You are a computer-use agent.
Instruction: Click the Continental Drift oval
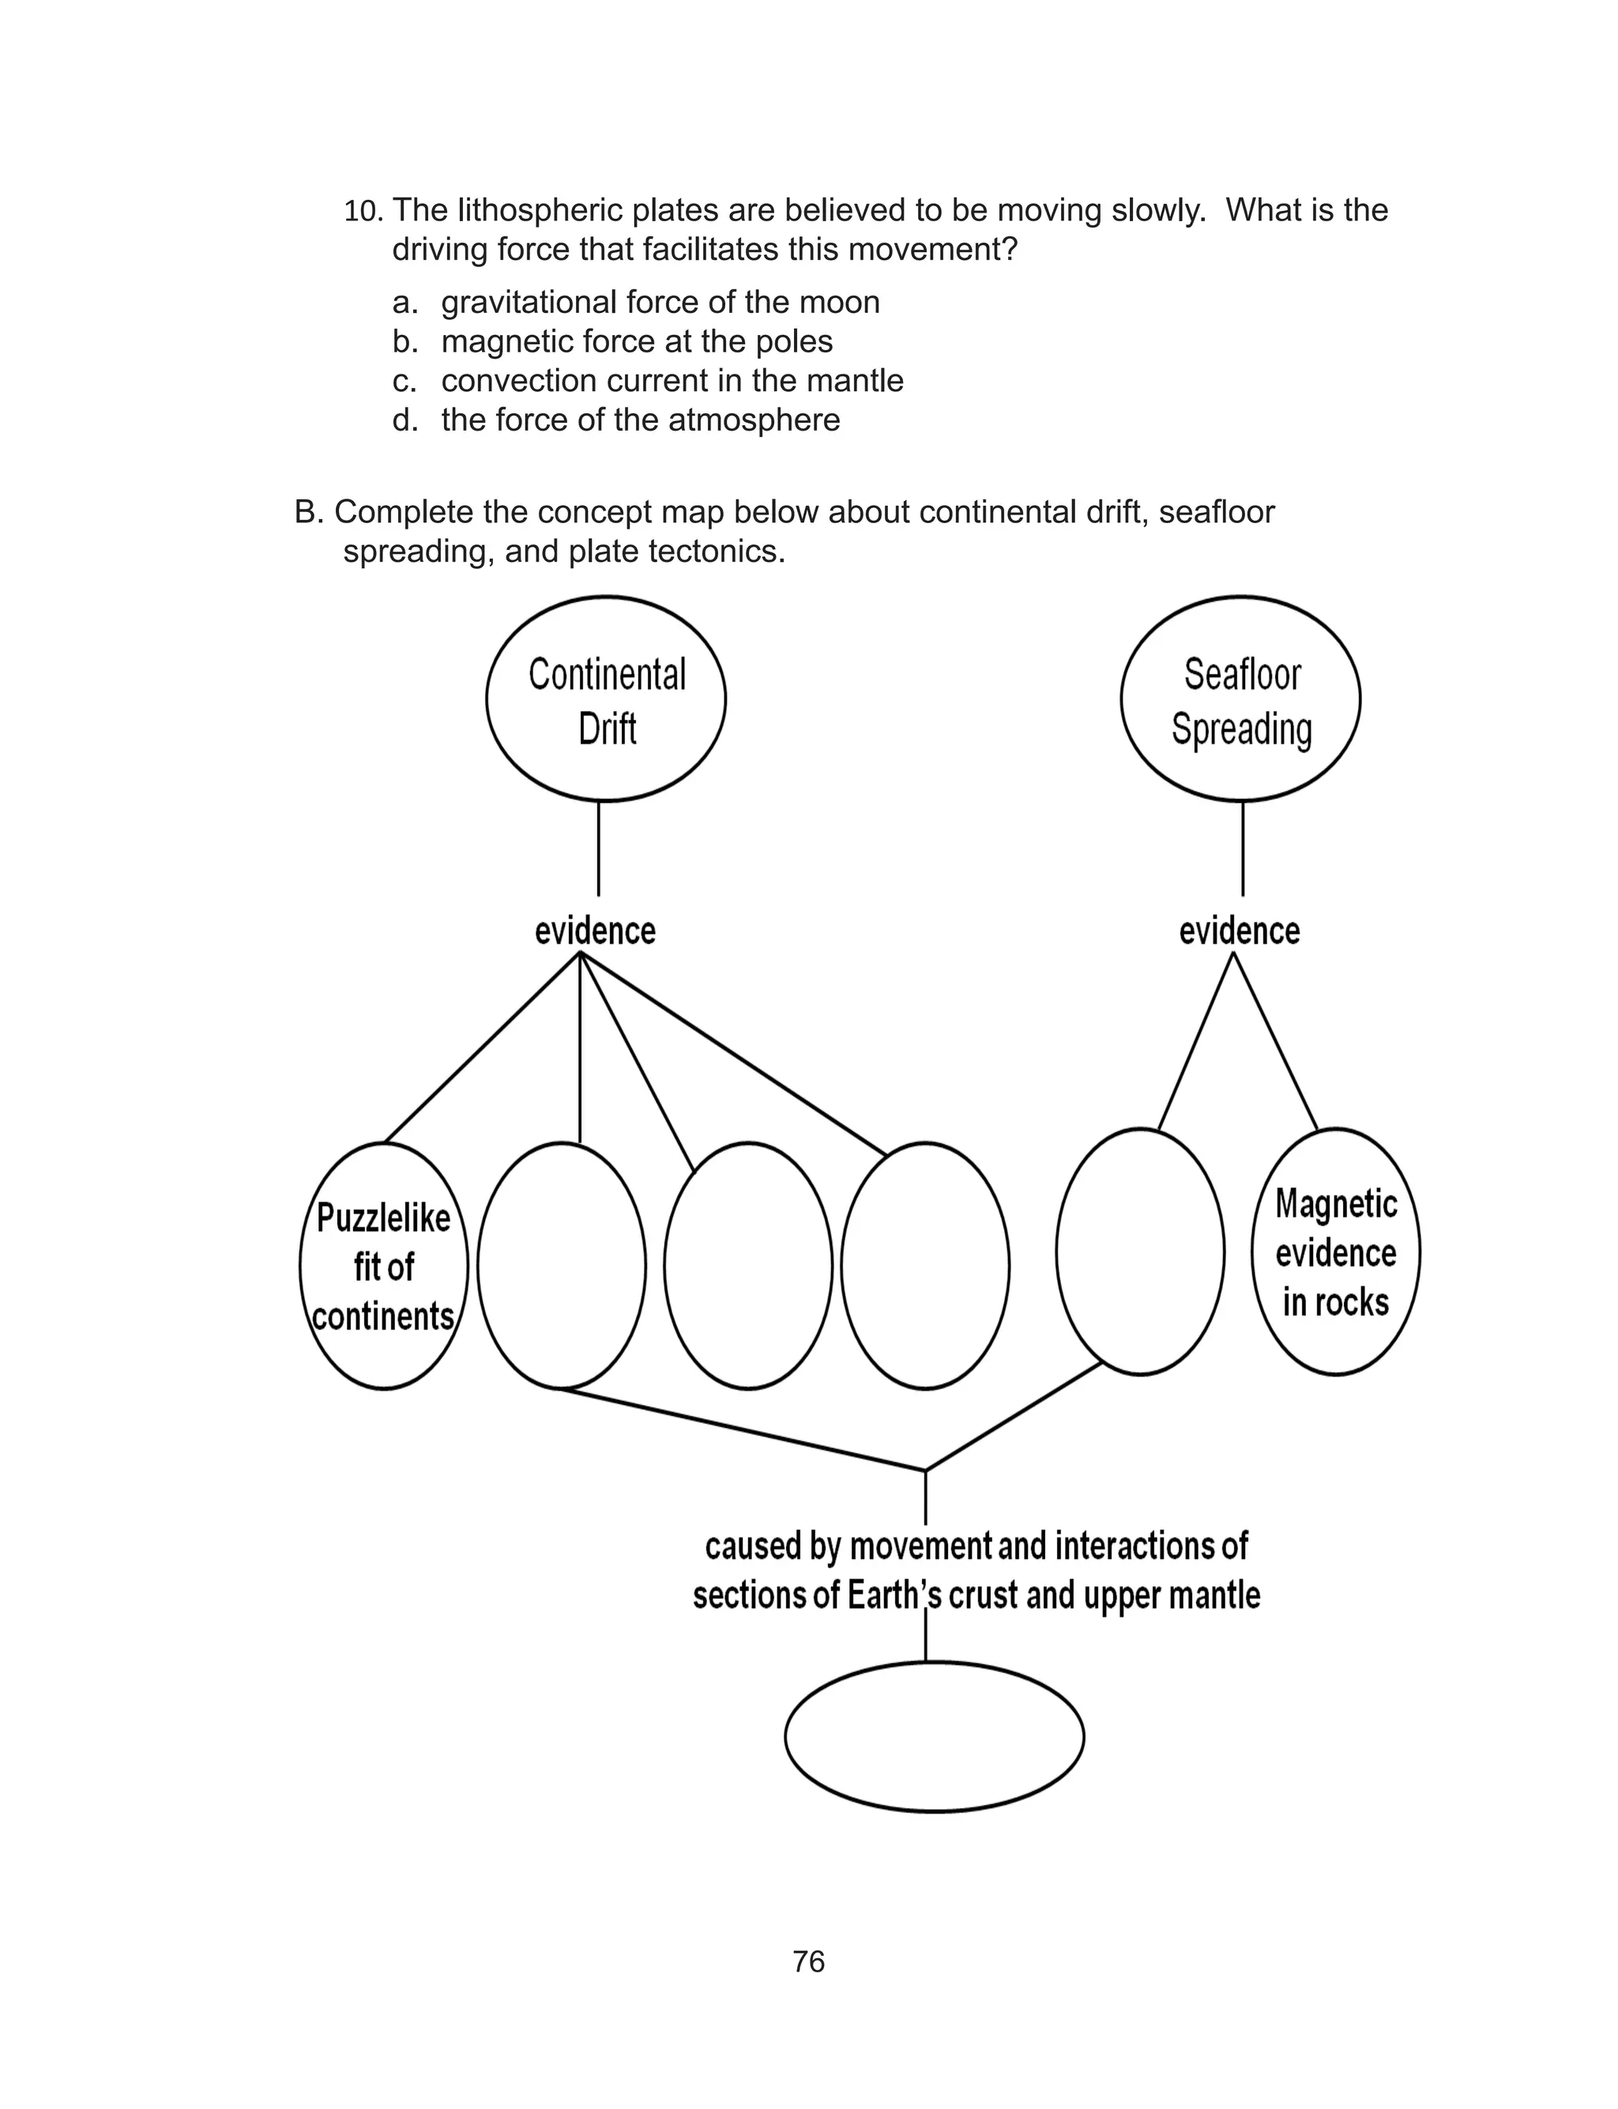coord(606,699)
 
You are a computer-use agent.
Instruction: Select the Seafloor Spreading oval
coord(1240,699)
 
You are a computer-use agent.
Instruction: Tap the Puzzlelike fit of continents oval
coord(383,1265)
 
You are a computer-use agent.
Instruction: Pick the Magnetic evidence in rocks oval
coord(1336,1252)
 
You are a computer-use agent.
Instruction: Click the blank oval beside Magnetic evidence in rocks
coord(1139,1252)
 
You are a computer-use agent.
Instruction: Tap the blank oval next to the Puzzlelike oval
coord(562,1265)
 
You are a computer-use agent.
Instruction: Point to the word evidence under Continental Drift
coord(595,932)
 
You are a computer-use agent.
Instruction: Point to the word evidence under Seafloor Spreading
coord(1240,932)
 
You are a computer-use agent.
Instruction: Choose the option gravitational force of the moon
coord(660,303)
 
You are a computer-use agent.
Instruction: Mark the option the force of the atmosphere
coord(641,420)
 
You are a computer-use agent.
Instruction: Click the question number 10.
coord(363,211)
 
